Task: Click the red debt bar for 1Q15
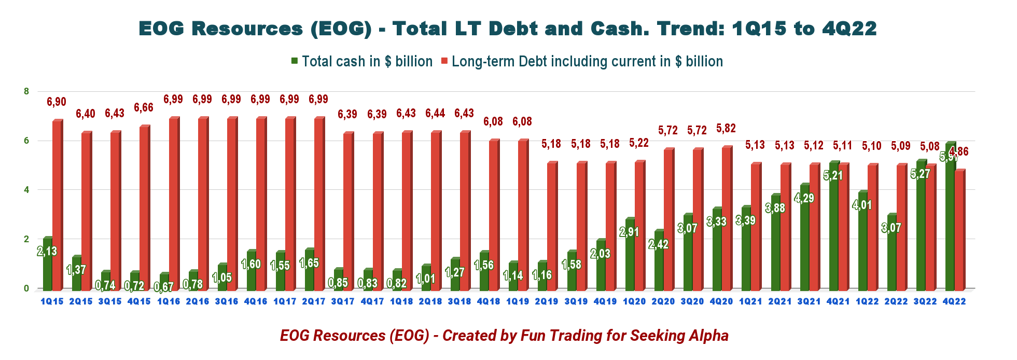coord(57,205)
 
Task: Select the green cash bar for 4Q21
coord(833,226)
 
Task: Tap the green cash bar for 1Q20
coord(630,254)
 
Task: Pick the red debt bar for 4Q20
coord(727,218)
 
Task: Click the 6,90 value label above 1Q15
coord(57,102)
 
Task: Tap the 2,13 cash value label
coord(47,252)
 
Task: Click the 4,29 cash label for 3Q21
coord(804,198)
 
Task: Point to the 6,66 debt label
coord(144,108)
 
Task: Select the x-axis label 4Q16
coord(256,301)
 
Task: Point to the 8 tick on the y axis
coord(26,91)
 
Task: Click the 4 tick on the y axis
coord(26,190)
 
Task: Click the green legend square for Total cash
coord(295,61)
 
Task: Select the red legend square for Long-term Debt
coord(444,61)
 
